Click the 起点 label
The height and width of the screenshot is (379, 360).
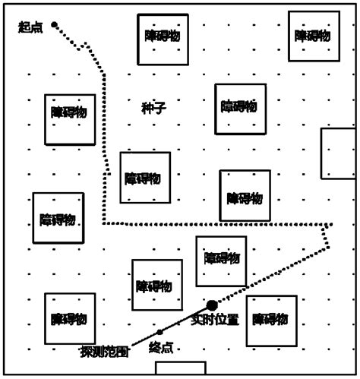(x=31, y=28)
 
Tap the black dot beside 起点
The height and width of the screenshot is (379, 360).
(x=55, y=25)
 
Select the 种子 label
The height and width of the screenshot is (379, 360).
(x=153, y=108)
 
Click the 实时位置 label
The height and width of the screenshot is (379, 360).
(x=215, y=320)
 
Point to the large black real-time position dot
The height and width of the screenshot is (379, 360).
(x=212, y=305)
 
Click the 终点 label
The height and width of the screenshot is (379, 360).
(x=161, y=348)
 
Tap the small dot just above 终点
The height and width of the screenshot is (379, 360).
(x=159, y=333)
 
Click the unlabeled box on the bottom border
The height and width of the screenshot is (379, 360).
(x=180, y=368)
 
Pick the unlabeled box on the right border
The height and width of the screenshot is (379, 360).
(x=339, y=154)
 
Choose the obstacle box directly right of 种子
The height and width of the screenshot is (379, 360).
(x=240, y=109)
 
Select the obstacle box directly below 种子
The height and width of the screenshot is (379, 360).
(x=144, y=178)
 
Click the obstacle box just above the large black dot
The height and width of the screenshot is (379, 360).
(x=221, y=261)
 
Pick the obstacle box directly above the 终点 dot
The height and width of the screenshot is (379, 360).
(x=156, y=285)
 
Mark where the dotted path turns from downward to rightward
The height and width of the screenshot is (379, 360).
(x=103, y=224)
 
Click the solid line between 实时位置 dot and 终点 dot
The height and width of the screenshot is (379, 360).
(x=186, y=319)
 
